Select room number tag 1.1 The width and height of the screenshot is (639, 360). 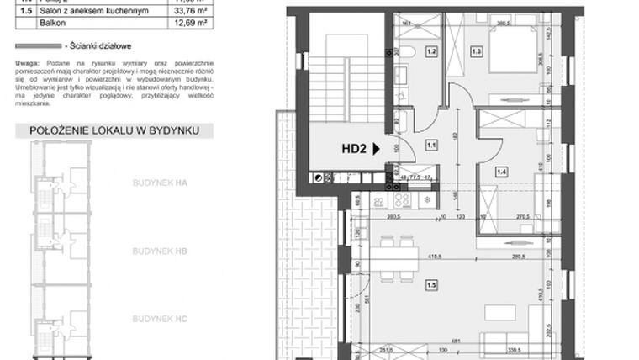coord(432,144)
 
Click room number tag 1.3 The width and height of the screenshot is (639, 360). coord(477,52)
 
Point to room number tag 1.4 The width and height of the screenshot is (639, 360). coord(500,172)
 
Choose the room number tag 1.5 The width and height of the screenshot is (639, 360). coord(431,285)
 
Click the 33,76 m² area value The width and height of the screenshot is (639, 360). coord(178,11)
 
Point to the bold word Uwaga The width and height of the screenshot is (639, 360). coord(27,64)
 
